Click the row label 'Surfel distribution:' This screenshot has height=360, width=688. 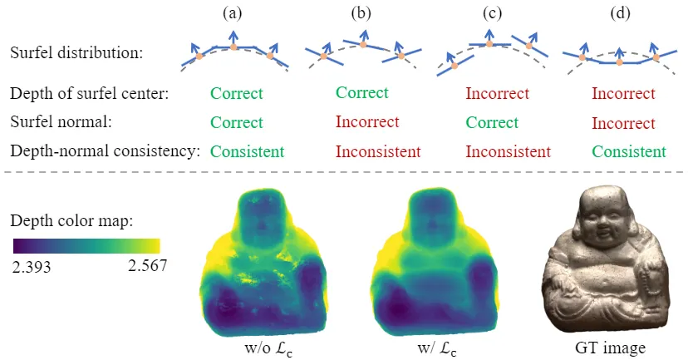tap(76, 52)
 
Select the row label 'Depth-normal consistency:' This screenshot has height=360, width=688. tap(106, 151)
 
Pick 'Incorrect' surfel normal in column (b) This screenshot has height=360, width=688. tap(367, 122)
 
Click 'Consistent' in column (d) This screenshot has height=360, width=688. tap(629, 151)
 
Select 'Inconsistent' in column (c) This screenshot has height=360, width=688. tap(508, 151)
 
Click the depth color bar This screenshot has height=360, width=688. tap(86, 246)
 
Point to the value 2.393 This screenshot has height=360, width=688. tap(32, 266)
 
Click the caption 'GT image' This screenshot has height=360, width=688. tap(609, 348)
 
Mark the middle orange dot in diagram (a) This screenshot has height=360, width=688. tap(234, 47)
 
